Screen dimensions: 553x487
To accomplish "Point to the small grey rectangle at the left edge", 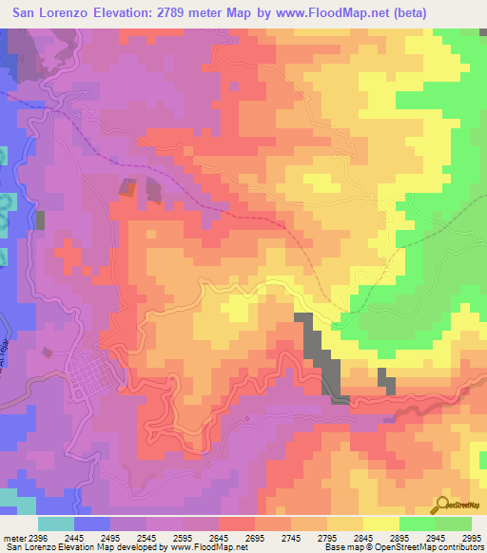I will [x=41, y=219].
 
